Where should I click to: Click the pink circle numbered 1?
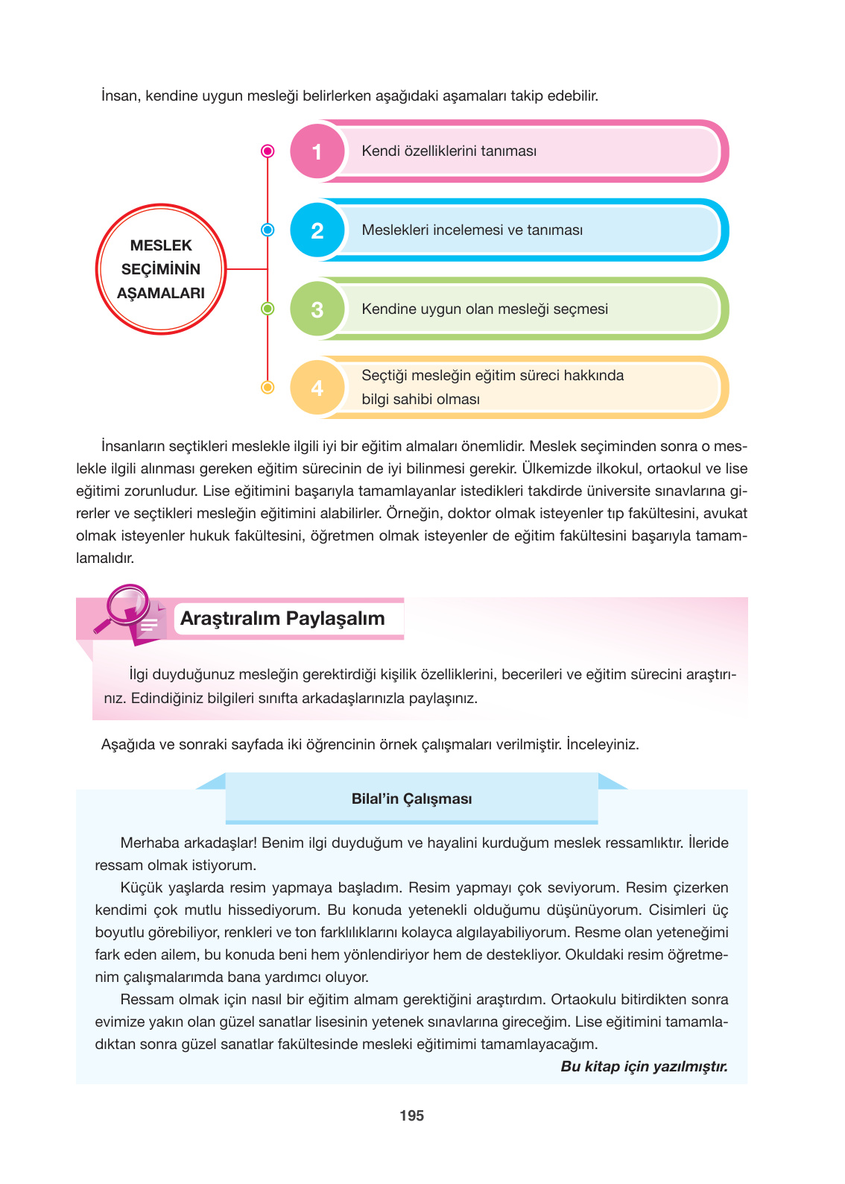tap(317, 151)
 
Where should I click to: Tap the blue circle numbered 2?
tap(317, 230)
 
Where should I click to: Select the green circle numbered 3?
tap(317, 309)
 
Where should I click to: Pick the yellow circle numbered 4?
tap(317, 388)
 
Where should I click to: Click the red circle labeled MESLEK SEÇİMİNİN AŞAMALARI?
tap(161, 269)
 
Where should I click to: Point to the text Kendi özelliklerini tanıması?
tap(449, 151)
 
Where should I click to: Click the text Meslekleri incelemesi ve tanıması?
tap(472, 230)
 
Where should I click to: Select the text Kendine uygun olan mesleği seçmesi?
tap(484, 309)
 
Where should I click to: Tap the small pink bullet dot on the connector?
tap(268, 151)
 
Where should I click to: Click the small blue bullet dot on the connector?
tap(268, 230)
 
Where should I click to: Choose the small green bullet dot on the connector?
tap(268, 309)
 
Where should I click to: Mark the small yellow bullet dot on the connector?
tap(268, 388)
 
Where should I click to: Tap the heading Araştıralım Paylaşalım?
tap(282, 619)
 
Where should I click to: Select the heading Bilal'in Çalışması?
tap(411, 799)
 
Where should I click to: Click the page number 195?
tap(411, 1116)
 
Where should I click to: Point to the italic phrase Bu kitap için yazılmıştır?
tap(644, 1067)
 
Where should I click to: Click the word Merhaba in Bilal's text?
tap(149, 843)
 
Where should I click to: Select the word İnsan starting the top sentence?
tap(119, 96)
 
